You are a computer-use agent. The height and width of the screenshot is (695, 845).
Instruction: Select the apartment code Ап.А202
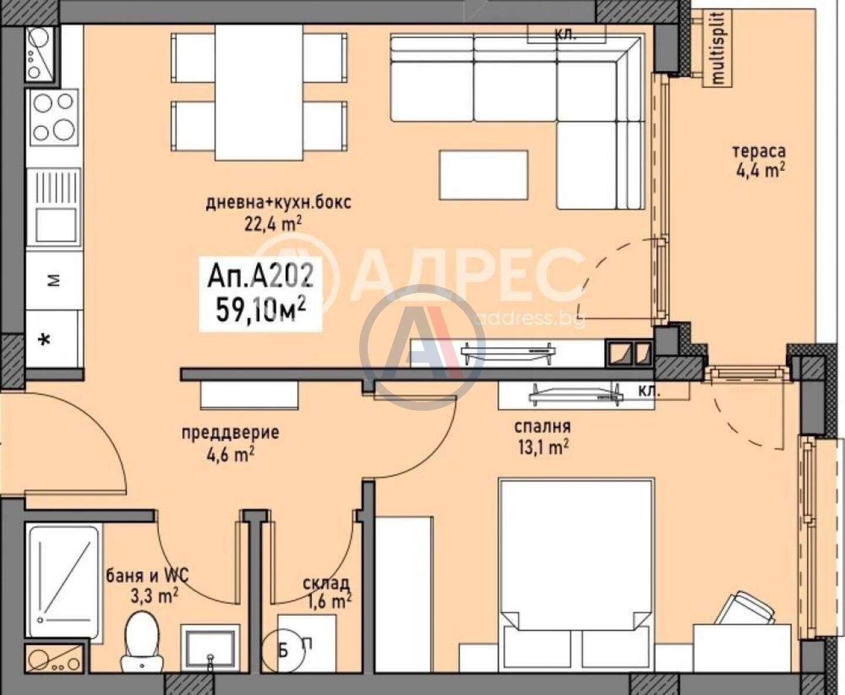tap(259, 277)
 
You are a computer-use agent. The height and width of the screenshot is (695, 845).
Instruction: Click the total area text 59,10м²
tap(261, 311)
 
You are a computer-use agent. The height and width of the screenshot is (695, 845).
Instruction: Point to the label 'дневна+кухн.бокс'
tap(278, 203)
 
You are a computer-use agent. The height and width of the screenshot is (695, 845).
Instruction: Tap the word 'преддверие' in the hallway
tap(230, 433)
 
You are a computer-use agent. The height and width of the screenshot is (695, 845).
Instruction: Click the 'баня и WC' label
tap(147, 576)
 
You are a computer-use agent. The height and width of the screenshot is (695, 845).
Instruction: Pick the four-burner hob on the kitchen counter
tap(53, 120)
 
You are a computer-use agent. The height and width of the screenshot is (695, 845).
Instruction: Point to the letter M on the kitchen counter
tap(53, 281)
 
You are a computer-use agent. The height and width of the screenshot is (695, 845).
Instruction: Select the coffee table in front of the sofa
tap(483, 175)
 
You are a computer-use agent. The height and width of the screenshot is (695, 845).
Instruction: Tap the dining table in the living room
tap(259, 93)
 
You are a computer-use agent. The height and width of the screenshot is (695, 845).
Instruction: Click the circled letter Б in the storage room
tap(283, 652)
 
